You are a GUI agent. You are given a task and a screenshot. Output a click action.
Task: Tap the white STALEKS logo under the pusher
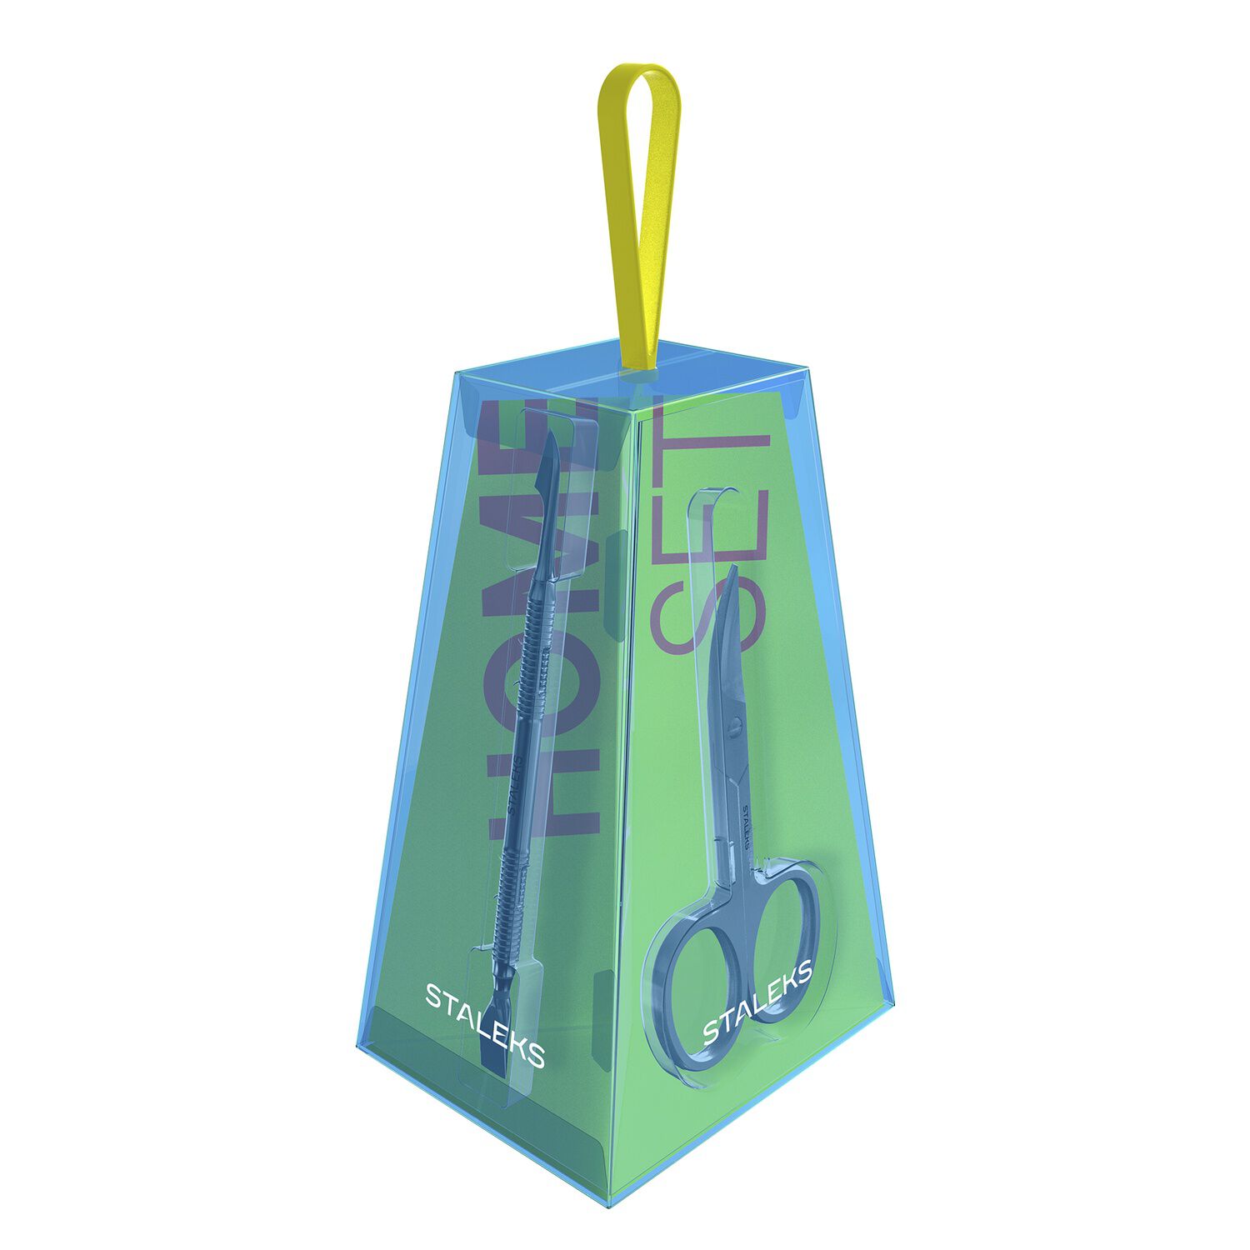click(485, 1026)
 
